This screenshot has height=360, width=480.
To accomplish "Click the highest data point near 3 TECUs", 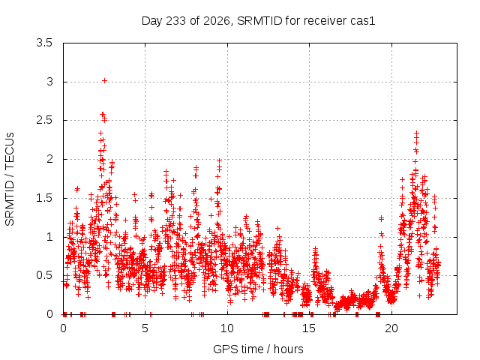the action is pos(105,81).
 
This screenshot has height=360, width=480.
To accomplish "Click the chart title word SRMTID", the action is pos(259,21).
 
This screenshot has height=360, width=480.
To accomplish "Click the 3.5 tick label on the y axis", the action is pos(44,43).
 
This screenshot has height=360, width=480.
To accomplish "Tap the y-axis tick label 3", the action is pos(49,82).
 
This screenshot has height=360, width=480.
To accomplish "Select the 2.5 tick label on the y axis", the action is pos(44,120).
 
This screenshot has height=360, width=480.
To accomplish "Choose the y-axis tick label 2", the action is pos(49,159).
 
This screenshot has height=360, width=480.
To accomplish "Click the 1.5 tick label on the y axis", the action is pos(44,198).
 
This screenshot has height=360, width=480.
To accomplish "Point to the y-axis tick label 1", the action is pos(49,237).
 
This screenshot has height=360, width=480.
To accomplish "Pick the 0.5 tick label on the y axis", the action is pos(44,275).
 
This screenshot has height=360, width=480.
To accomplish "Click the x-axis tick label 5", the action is pos(145,328).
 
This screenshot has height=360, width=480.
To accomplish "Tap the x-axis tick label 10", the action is pos(227,328).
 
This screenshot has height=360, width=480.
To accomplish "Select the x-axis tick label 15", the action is pos(309,328).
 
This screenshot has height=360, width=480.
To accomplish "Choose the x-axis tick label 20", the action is pos(391,328).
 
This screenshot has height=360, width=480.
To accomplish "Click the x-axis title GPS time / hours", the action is pos(258,349).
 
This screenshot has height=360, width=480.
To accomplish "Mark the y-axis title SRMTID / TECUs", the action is pos(10,179).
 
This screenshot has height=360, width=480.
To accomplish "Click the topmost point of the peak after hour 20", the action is pos(416,133).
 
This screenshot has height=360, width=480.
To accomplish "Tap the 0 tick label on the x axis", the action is pos(63,328).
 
